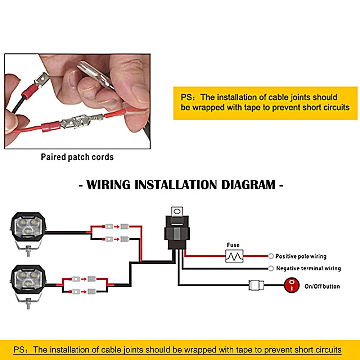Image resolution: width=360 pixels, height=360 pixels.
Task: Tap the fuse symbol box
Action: click(234, 256)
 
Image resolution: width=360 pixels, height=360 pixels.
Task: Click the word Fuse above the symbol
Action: click(233, 246)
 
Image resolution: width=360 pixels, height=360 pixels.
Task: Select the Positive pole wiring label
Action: click(301, 256)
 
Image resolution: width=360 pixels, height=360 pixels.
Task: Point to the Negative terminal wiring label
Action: click(308, 268)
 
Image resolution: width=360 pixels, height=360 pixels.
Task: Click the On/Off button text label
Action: click(322, 286)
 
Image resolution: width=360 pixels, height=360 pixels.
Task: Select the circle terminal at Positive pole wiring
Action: click(271, 256)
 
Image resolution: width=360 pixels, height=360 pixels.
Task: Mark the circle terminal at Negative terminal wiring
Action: click(271, 268)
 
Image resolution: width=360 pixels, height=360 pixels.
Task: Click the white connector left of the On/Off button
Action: click(256, 286)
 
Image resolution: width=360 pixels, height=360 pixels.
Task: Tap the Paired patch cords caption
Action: click(77, 157)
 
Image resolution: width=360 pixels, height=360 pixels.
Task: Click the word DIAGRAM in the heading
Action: click(248, 185)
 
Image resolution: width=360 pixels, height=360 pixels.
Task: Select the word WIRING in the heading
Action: click(108, 185)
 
